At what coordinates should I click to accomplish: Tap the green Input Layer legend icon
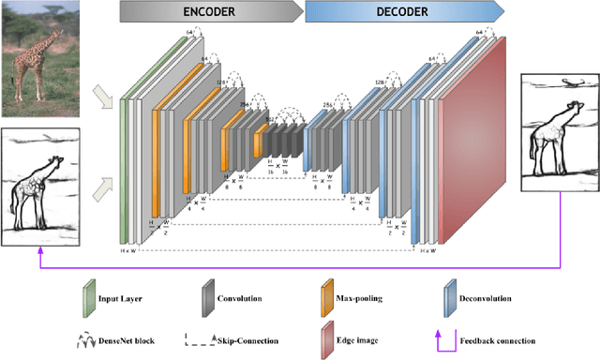(87, 298)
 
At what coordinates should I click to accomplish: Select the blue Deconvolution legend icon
(449, 298)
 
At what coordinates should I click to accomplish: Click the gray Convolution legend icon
(205, 298)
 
